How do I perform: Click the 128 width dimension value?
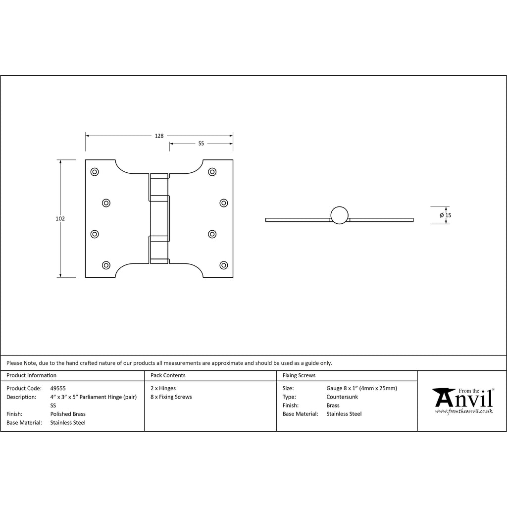159,136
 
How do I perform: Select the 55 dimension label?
201,144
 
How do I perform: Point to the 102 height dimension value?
60,218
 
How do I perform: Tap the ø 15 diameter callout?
446,215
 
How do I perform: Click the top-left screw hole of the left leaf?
95,172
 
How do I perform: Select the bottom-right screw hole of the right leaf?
224,265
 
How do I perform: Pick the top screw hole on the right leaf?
212,172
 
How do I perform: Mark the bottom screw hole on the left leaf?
106,265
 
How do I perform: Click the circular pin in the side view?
340,215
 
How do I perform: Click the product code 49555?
58,388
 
